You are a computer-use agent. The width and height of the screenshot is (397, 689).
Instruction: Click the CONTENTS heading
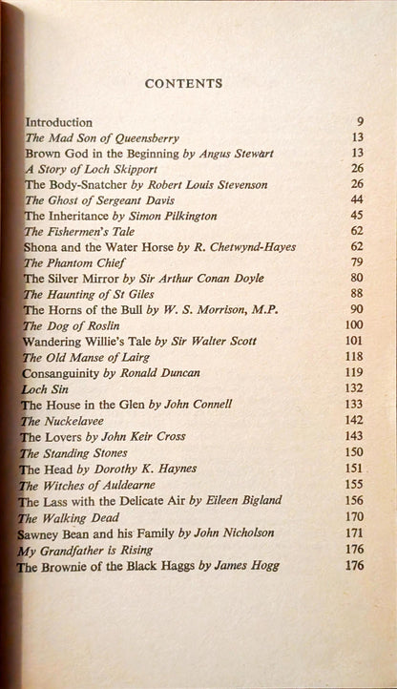click(183, 84)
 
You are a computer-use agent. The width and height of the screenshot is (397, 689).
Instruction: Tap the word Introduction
click(58, 123)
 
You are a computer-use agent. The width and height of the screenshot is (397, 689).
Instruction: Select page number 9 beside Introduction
click(359, 123)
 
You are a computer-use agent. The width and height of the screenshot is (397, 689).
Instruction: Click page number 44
click(357, 199)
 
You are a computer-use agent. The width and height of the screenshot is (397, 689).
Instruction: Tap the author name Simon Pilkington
click(169, 216)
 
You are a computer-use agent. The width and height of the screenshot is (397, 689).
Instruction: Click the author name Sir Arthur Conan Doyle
click(214, 279)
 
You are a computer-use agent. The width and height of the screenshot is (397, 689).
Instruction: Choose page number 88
click(357, 294)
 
